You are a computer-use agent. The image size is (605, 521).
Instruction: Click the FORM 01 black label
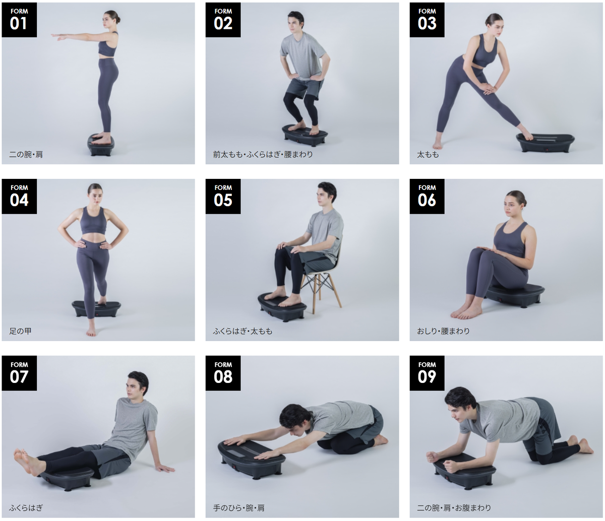[19, 20]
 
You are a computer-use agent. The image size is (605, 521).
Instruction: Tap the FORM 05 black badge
[223, 197]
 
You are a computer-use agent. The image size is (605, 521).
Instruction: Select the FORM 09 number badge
[427, 373]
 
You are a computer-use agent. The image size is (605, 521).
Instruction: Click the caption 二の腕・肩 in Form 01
[26, 155]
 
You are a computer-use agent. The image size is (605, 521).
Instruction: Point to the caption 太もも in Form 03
[428, 155]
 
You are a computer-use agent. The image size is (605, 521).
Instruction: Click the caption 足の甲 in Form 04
[20, 331]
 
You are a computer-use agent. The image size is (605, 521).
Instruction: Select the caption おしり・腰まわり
[444, 331]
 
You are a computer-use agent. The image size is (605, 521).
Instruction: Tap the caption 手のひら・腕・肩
[239, 508]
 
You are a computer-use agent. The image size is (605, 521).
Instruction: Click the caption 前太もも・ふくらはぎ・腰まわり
[263, 155]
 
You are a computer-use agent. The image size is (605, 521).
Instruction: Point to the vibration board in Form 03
[545, 143]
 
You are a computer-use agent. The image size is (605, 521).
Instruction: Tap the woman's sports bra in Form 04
[93, 221]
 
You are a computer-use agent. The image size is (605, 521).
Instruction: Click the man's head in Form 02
[295, 23]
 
